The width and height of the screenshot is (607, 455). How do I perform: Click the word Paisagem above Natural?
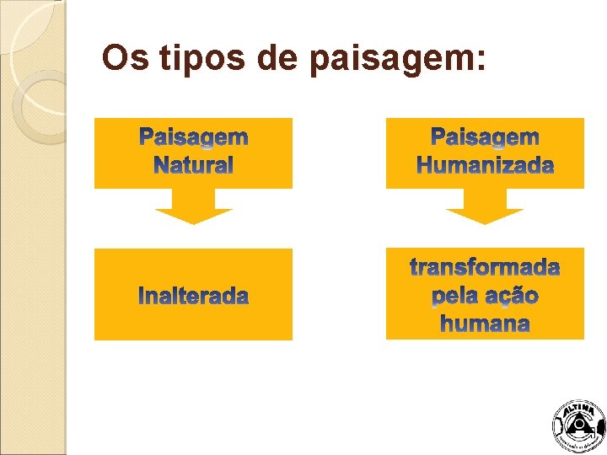tap(193, 137)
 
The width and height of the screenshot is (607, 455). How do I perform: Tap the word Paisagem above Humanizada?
tap(485, 137)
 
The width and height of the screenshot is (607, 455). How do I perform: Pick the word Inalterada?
tap(193, 297)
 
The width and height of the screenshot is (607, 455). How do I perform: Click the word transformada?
tap(485, 268)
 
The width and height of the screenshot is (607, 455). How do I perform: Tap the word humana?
tap(485, 324)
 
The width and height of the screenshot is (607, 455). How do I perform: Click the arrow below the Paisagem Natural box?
tap(193, 207)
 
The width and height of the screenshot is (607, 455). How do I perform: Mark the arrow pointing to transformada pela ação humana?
tap(485, 207)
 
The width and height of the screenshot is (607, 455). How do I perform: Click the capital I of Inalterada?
tap(141, 297)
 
